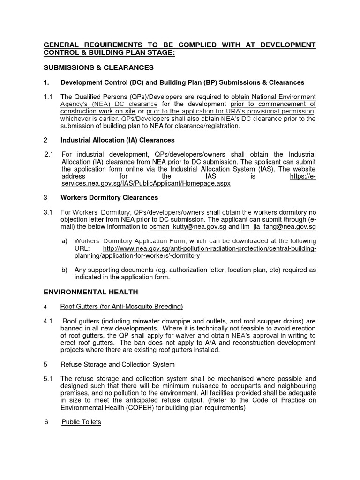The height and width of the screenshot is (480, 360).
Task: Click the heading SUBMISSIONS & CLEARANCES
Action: [x=98, y=68]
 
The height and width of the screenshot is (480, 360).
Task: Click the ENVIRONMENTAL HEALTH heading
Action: [x=90, y=292]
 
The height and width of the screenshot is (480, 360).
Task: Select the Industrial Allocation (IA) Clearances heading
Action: [x=117, y=140]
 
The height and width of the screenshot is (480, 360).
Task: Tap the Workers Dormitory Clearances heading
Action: [x=109, y=198]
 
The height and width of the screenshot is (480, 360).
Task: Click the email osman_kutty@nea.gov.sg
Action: [x=187, y=227]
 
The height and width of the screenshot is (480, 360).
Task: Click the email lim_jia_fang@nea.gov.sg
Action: [x=278, y=227]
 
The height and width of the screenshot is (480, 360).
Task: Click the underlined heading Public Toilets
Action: [x=81, y=422]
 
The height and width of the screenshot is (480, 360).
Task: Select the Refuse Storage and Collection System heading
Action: [x=118, y=365]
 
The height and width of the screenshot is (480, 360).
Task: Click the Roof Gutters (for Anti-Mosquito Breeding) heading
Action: [x=121, y=307]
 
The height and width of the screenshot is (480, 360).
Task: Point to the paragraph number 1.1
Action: [x=48, y=97]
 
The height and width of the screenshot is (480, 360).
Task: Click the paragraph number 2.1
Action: [x=49, y=154]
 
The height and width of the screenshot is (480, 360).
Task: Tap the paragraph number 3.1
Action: [x=48, y=212]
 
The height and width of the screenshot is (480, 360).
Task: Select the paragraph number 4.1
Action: [x=48, y=321]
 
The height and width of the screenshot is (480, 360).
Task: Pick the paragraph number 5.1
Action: [x=48, y=379]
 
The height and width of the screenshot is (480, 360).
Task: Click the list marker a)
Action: [x=65, y=241]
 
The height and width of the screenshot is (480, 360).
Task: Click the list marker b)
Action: [x=65, y=270]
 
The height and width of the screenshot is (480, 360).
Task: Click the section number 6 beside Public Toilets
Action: [x=46, y=422]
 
